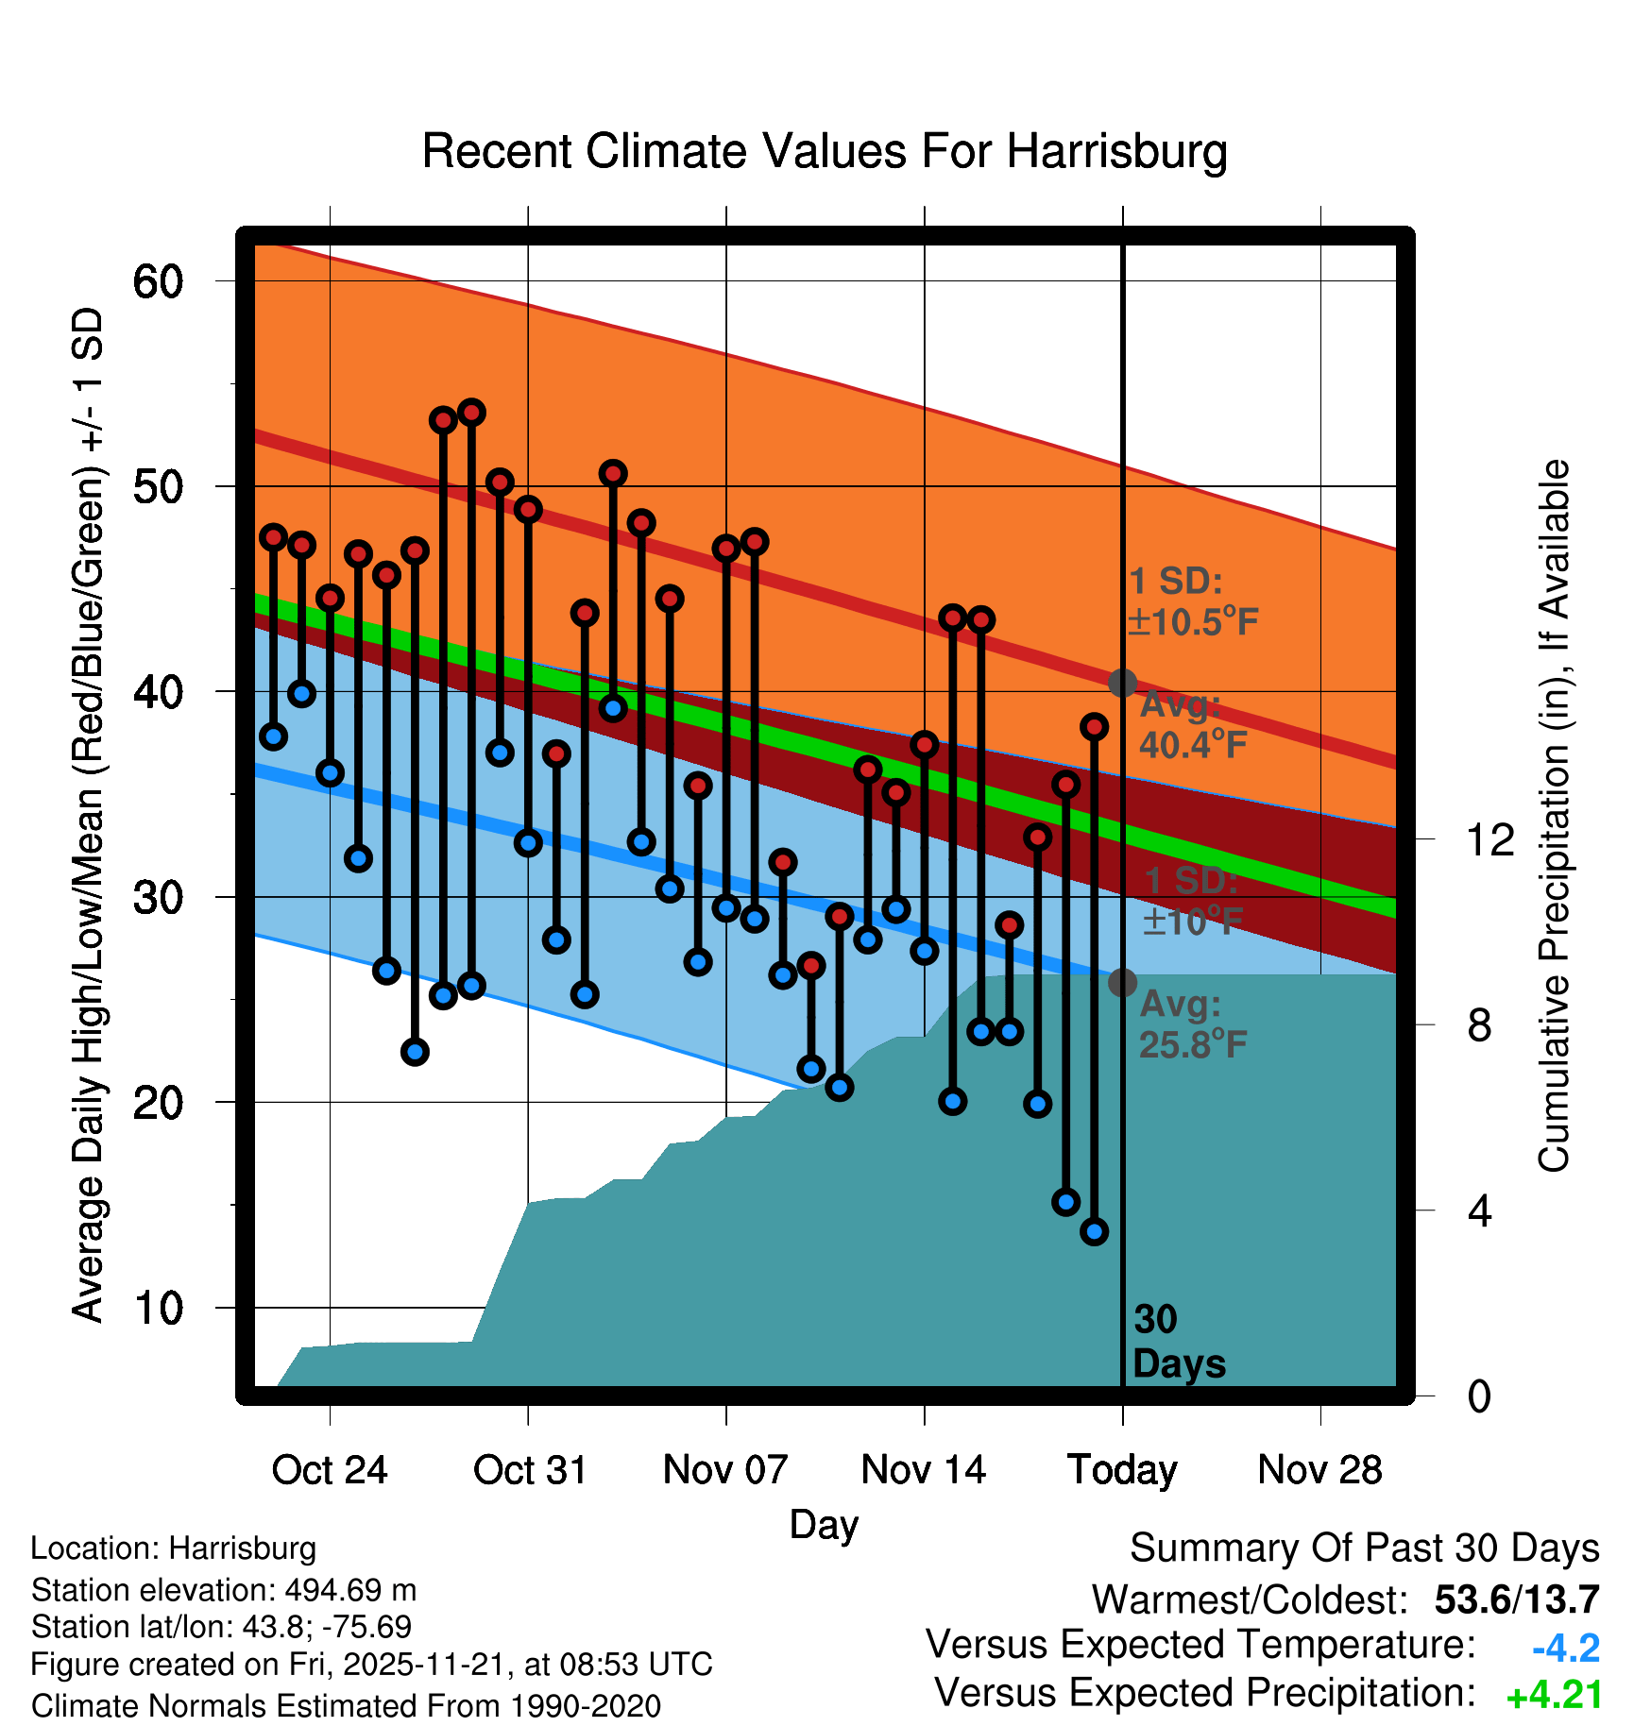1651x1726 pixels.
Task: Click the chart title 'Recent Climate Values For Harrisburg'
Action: (824, 151)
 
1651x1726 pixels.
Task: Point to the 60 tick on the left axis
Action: (158, 281)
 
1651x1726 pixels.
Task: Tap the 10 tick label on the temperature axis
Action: (158, 1308)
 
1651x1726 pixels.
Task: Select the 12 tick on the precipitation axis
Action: (1490, 839)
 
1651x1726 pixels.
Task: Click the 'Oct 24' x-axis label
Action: (330, 1470)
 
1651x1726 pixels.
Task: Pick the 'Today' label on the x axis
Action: (1122, 1470)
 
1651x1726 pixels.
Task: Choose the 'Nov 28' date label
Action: (1319, 1470)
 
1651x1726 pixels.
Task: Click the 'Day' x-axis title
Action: (824, 1524)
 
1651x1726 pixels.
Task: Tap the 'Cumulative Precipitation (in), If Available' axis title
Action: (1554, 816)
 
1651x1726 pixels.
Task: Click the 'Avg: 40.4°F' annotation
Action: (1192, 725)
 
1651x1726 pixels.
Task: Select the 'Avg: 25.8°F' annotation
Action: (1192, 1024)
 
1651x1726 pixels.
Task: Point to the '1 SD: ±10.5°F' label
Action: (1192, 601)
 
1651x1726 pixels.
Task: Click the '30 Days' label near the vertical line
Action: (1178, 1342)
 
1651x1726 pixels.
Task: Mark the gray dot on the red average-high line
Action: (1122, 683)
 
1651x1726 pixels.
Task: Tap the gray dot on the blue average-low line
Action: (1122, 983)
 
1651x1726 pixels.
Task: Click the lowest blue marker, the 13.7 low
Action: (1094, 1231)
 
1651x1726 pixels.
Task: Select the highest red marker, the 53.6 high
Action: (471, 413)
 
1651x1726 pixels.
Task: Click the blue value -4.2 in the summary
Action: (1565, 1649)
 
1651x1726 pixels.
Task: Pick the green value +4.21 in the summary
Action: (1554, 1696)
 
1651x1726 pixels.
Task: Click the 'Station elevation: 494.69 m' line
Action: (224, 1590)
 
